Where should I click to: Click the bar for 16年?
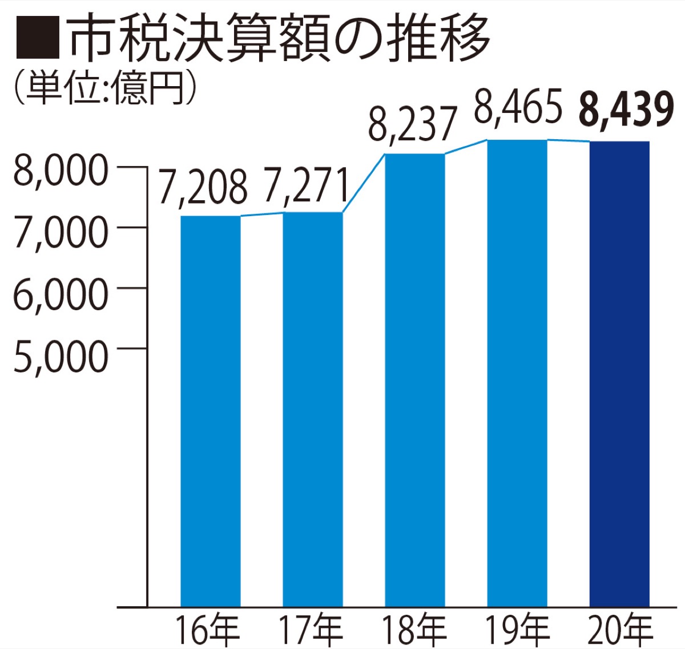(x=211, y=411)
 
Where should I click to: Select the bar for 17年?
(x=313, y=409)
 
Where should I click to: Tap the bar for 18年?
(x=415, y=380)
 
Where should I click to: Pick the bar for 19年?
(x=517, y=373)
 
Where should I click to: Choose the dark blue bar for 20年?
(x=619, y=374)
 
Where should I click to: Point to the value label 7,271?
(x=307, y=185)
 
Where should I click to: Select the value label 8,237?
(x=413, y=124)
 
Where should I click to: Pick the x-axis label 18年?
(x=414, y=630)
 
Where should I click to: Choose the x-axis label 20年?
(x=620, y=630)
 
